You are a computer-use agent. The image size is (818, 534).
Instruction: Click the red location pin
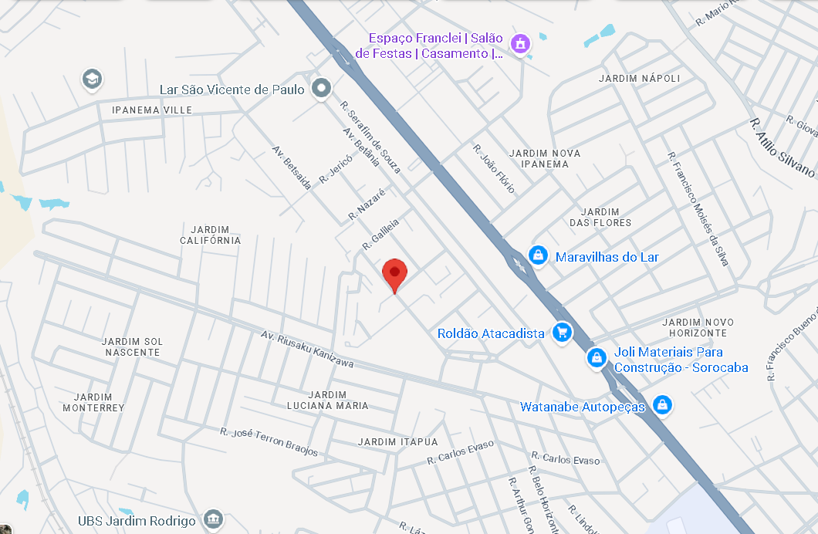pyautogui.click(x=395, y=273)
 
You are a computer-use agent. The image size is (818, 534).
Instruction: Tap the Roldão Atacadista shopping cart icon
pyautogui.click(x=562, y=333)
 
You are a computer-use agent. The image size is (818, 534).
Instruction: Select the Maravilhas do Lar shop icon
pyautogui.click(x=538, y=255)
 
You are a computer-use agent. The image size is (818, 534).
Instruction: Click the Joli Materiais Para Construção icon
pyautogui.click(x=597, y=358)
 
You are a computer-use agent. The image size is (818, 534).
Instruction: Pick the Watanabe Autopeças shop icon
pyautogui.click(x=661, y=404)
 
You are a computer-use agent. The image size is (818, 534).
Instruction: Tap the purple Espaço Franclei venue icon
pyautogui.click(x=521, y=43)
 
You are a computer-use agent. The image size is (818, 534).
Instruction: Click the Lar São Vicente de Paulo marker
pyautogui.click(x=321, y=89)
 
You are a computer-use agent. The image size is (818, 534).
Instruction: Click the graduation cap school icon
pyautogui.click(x=92, y=79)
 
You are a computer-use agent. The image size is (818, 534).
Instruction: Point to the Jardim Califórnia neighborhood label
pyautogui.click(x=211, y=235)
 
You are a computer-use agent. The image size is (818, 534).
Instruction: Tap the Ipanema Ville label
pyautogui.click(x=152, y=110)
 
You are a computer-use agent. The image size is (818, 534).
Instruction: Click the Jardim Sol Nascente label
pyautogui.click(x=132, y=346)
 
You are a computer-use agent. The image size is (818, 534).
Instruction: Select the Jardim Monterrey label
pyautogui.click(x=93, y=402)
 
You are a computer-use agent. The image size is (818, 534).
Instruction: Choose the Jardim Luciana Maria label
pyautogui.click(x=327, y=400)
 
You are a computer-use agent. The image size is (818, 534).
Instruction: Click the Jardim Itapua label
pyautogui.click(x=397, y=441)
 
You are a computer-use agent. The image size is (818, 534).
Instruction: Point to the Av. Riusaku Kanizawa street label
pyautogui.click(x=307, y=350)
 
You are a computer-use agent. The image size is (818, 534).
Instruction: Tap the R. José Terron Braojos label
pyautogui.click(x=269, y=441)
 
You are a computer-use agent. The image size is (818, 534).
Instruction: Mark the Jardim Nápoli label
pyautogui.click(x=639, y=79)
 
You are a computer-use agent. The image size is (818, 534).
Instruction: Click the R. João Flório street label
pyautogui.click(x=494, y=168)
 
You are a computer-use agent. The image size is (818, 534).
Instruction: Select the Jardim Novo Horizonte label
pyautogui.click(x=694, y=327)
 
